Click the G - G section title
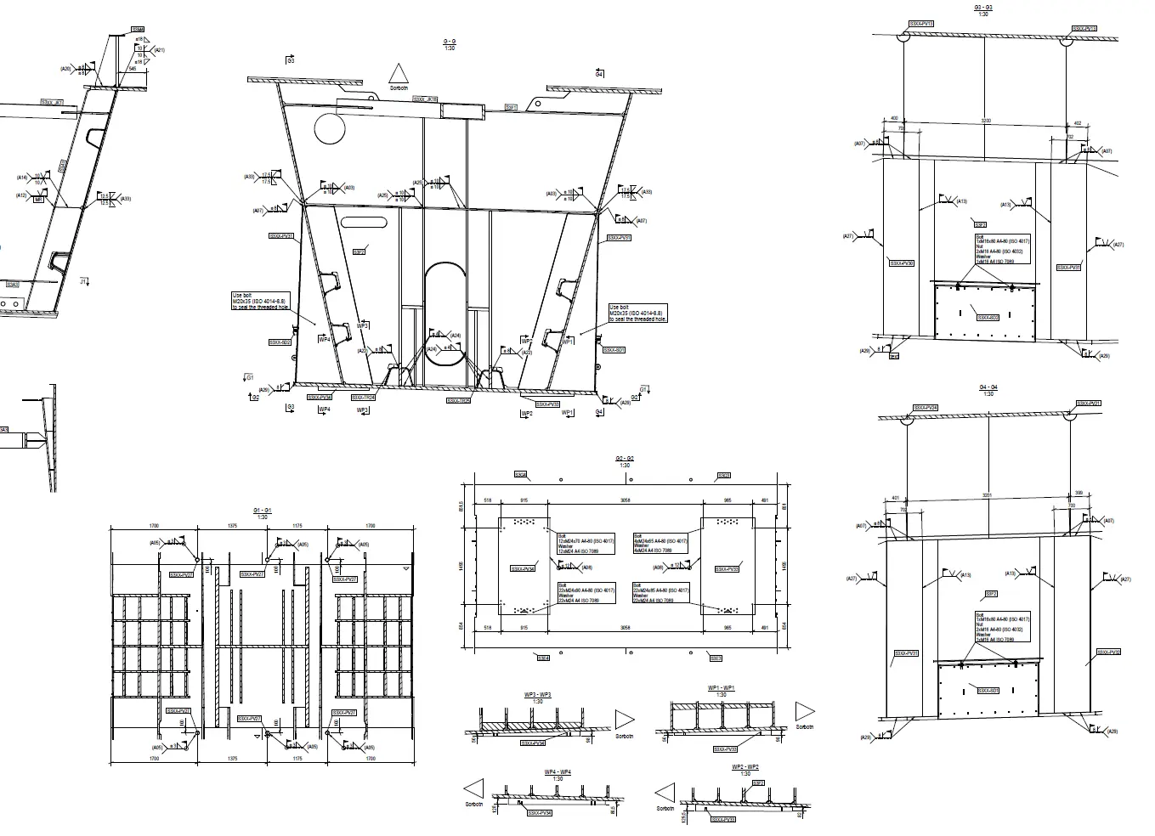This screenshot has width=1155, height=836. coord(450,42)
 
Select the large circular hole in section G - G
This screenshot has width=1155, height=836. coord(330,129)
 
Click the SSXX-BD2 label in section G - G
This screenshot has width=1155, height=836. coord(280,342)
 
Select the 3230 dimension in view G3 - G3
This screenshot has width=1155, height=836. coord(986,121)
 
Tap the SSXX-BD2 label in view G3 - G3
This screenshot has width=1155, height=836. coord(988,318)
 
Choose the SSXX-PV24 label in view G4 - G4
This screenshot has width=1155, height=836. coord(926,408)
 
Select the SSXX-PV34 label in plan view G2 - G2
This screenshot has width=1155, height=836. coord(523,568)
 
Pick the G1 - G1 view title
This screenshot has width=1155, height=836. coord(262,511)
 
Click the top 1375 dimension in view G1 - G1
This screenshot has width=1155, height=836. coord(231,526)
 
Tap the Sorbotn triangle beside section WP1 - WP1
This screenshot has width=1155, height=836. coord(803,712)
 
